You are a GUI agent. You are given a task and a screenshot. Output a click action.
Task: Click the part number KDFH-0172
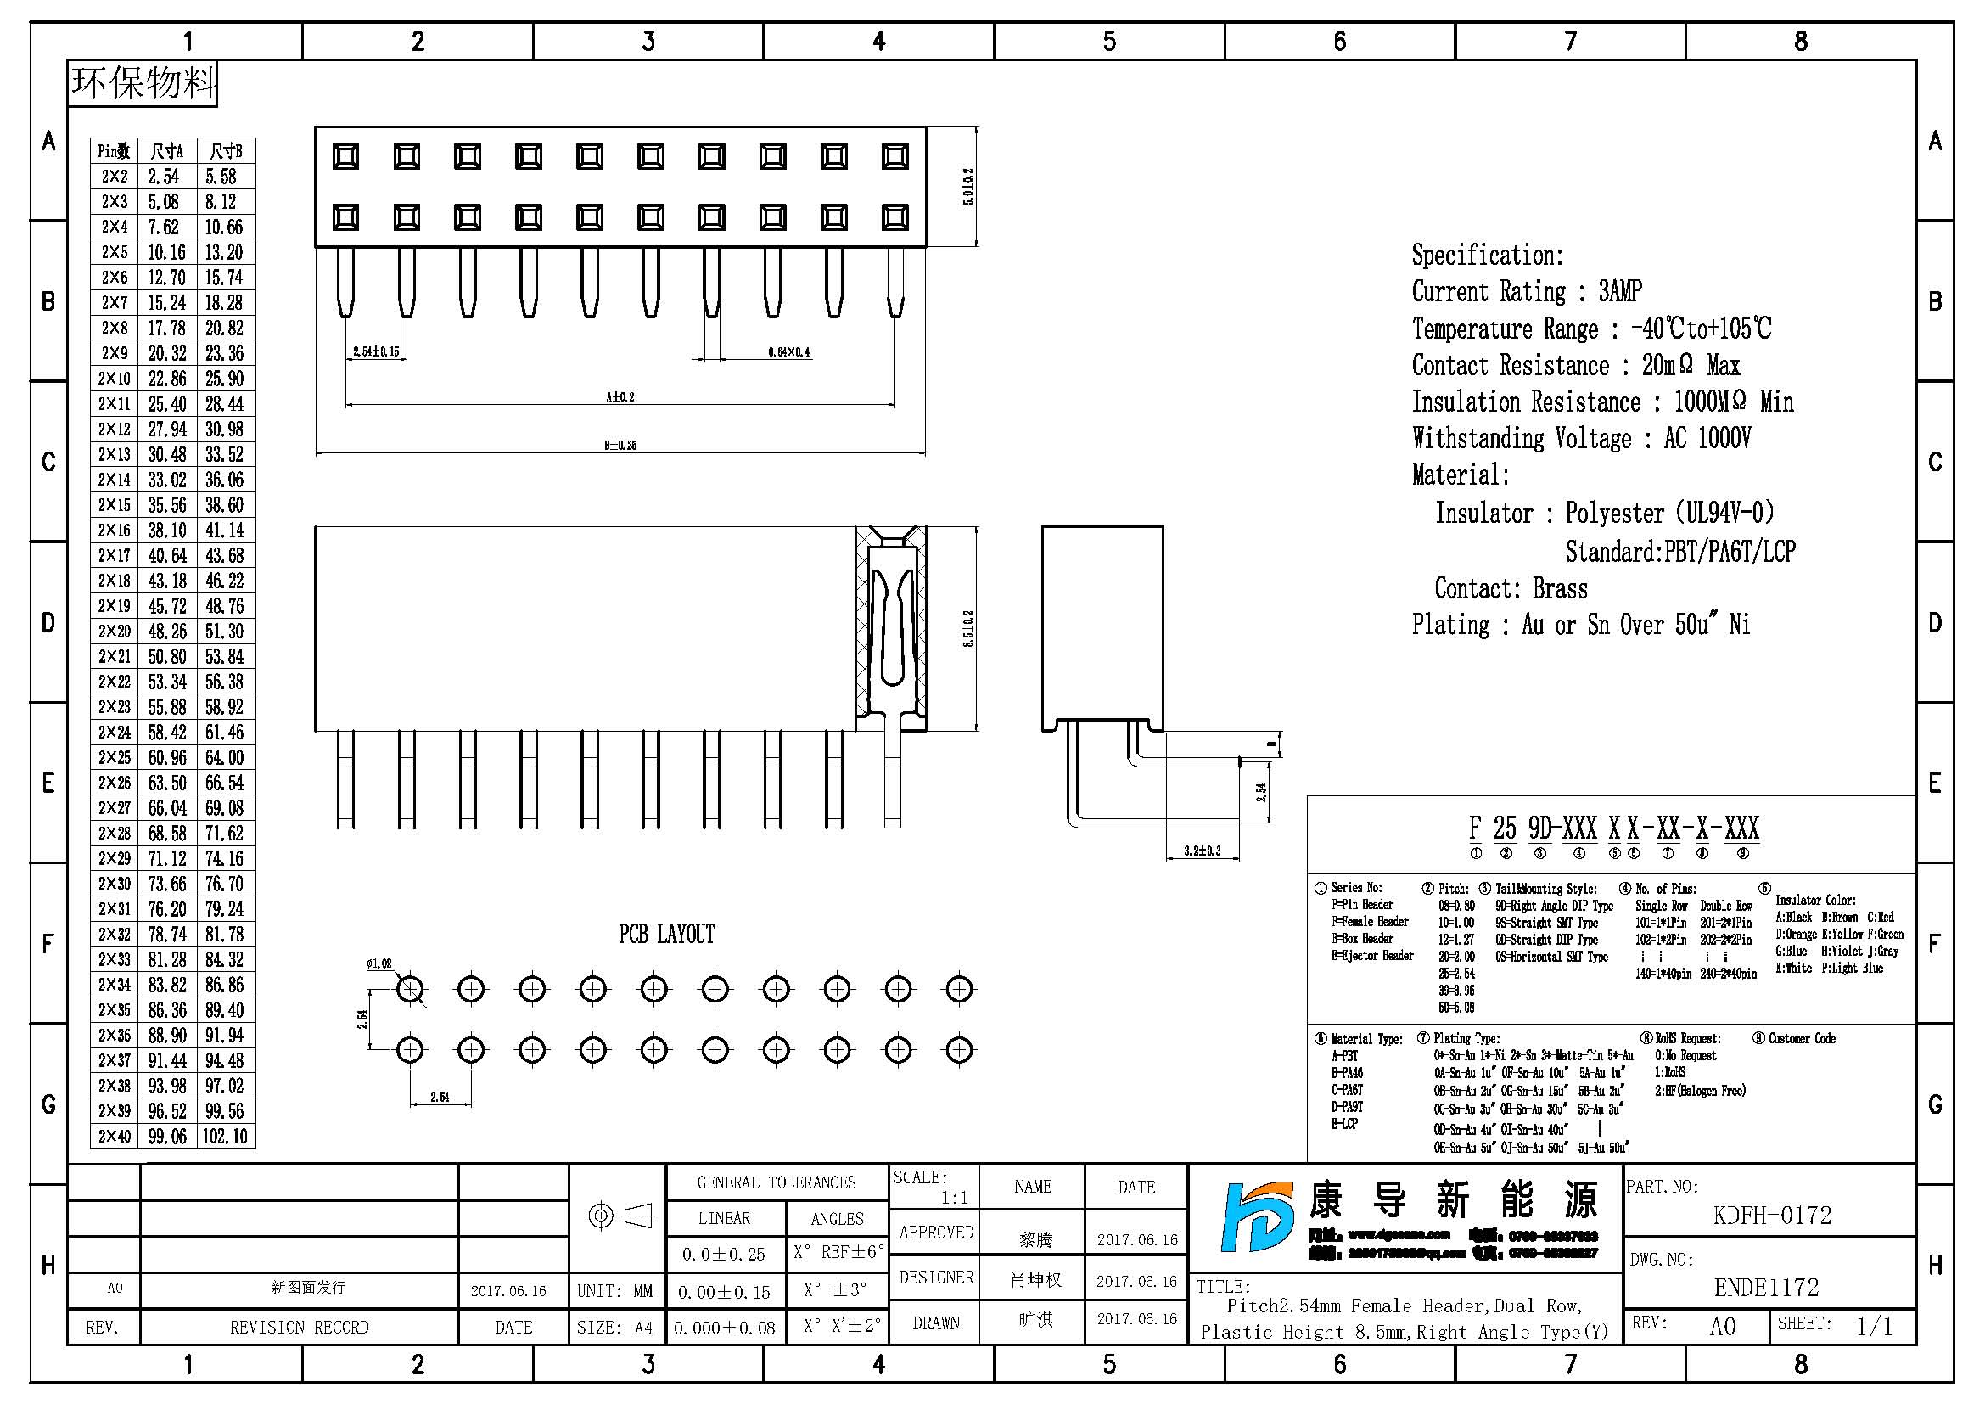[1771, 1216]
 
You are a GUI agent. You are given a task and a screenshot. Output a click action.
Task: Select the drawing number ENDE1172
[1766, 1288]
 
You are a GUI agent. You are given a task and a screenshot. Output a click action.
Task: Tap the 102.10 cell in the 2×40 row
[225, 1136]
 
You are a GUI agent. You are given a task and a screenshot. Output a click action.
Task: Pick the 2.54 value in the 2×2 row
[165, 177]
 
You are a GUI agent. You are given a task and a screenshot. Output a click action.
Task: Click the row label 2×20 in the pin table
[114, 631]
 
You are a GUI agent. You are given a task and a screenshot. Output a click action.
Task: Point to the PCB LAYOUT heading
[665, 934]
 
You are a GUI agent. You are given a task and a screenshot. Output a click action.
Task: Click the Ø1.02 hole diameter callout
[378, 963]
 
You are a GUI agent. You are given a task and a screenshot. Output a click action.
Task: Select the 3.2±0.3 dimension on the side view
[1202, 851]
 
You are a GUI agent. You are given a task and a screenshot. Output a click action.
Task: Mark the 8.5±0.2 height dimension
[967, 628]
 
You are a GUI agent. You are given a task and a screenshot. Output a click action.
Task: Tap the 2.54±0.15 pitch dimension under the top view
[376, 352]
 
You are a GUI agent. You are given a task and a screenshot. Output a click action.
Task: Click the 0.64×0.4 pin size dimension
[788, 352]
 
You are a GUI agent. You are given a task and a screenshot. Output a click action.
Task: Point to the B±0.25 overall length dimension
[620, 446]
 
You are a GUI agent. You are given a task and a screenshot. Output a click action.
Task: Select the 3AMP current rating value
[1619, 291]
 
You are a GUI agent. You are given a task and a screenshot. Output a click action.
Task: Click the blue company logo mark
[1255, 1216]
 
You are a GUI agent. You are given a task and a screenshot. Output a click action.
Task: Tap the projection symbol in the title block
[619, 1216]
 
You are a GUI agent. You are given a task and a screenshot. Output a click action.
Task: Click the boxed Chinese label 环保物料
[143, 83]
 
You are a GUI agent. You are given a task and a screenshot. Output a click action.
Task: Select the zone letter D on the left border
[48, 622]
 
